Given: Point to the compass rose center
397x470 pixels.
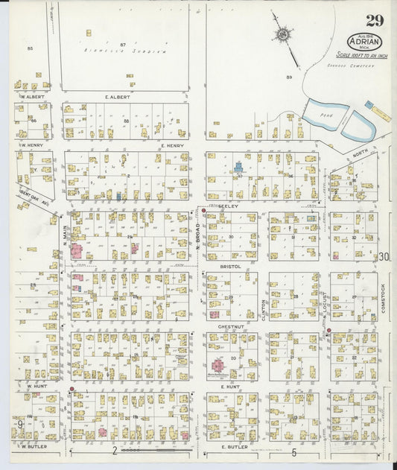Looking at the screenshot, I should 285,34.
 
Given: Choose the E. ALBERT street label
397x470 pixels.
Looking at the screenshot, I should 118,97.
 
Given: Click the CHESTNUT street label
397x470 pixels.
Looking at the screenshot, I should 228,325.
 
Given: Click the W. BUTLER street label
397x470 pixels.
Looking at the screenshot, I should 34,447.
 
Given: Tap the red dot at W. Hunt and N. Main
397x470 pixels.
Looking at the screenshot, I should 72,388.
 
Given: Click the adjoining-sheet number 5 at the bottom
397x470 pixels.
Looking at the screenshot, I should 294,452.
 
